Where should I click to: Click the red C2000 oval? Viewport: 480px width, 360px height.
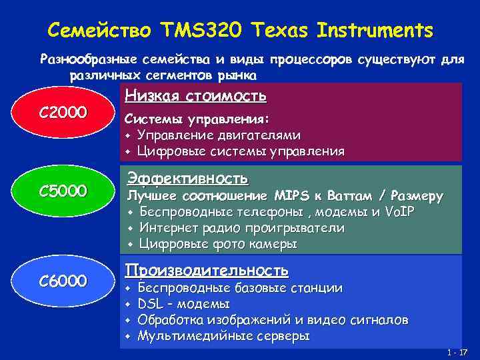pyautogui.click(x=63, y=112)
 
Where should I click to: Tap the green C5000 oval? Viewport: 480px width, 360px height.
pyautogui.click(x=63, y=192)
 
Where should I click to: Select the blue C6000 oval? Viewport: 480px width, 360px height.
pyautogui.click(x=63, y=281)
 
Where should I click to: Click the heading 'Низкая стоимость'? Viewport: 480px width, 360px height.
pyautogui.click(x=196, y=97)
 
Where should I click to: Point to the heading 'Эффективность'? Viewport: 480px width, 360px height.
pyautogui.click(x=187, y=179)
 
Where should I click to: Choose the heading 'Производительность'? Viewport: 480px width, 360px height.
pyautogui.click(x=207, y=270)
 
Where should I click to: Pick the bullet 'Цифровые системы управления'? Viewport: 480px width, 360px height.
pyautogui.click(x=241, y=151)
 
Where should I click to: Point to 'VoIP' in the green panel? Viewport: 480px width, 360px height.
pyautogui.click(x=398, y=213)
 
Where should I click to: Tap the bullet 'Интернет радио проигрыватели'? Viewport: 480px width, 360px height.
pyautogui.click(x=241, y=229)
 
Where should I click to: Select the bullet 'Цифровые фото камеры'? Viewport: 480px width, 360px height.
pyautogui.click(x=217, y=245)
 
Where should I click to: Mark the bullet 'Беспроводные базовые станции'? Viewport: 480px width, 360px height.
pyautogui.click(x=240, y=289)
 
